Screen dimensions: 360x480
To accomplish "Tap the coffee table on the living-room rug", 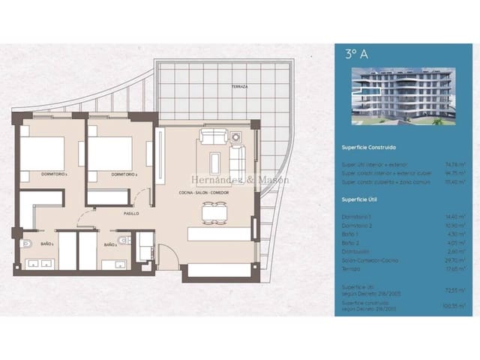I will [x=216, y=162].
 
